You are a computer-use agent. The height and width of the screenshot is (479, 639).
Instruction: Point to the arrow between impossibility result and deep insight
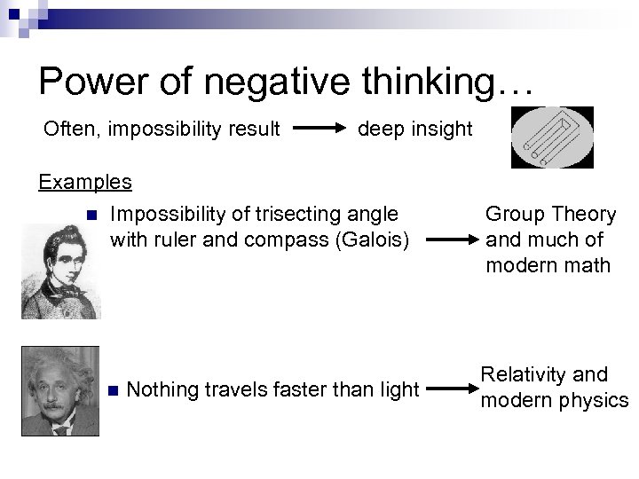point(319,130)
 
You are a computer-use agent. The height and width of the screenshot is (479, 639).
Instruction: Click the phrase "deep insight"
point(414,130)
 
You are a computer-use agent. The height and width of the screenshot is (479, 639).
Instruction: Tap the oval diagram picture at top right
point(553,137)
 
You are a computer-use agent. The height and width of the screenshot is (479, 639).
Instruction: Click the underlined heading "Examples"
point(85,182)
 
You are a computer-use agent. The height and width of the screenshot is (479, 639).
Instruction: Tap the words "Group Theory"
point(549,215)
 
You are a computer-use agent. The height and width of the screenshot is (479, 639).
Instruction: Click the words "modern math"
point(548,264)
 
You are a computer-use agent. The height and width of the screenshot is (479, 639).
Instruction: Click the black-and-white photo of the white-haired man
point(60,390)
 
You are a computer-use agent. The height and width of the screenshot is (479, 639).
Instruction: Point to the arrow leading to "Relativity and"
point(447,389)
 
